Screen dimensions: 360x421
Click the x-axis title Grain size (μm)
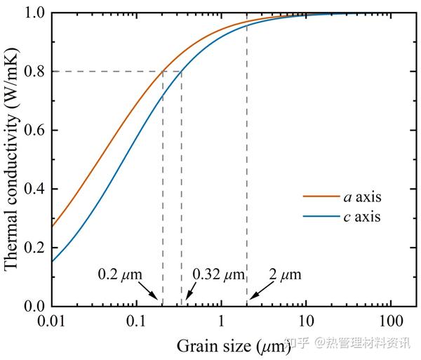click(x=229, y=346)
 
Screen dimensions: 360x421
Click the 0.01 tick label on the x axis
click(x=52, y=321)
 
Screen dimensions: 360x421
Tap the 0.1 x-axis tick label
click(x=137, y=321)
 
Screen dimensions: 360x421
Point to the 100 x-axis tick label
click(x=390, y=321)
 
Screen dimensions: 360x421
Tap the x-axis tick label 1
click(x=221, y=321)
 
